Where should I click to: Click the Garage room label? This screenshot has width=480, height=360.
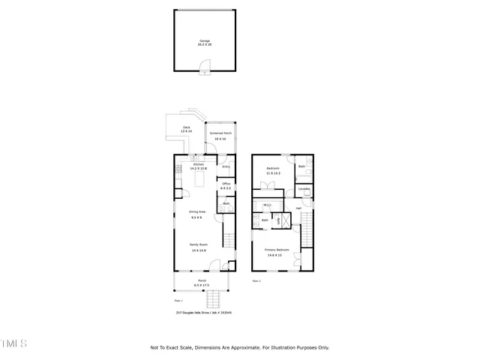tap(205, 40)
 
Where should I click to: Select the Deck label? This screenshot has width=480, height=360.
tap(187, 127)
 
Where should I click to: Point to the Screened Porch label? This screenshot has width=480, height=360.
tap(220, 133)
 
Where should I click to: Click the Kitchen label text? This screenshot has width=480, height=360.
tap(199, 163)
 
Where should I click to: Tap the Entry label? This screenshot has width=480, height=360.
tap(226, 166)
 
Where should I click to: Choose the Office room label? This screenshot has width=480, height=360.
tap(226, 184)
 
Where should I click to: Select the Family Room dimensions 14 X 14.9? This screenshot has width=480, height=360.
tap(198, 250)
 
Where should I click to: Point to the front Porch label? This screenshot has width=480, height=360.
tap(202, 281)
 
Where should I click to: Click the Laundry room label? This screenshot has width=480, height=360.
tap(304, 188)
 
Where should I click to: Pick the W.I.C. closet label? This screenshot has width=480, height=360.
tap(267, 204)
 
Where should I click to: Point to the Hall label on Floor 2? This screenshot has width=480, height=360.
tap(298, 208)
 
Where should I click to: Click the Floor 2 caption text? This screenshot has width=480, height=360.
tap(256, 280)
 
